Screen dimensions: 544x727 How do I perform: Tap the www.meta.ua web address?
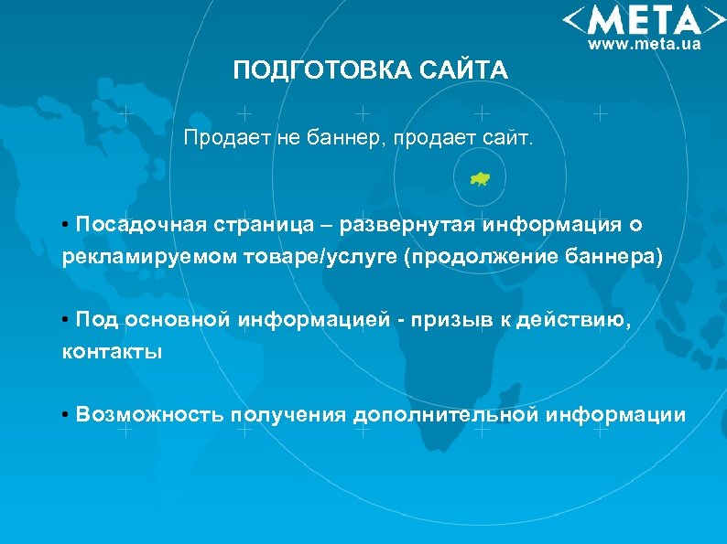[x=644, y=44]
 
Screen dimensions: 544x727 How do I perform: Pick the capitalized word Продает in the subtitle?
[x=216, y=139]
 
